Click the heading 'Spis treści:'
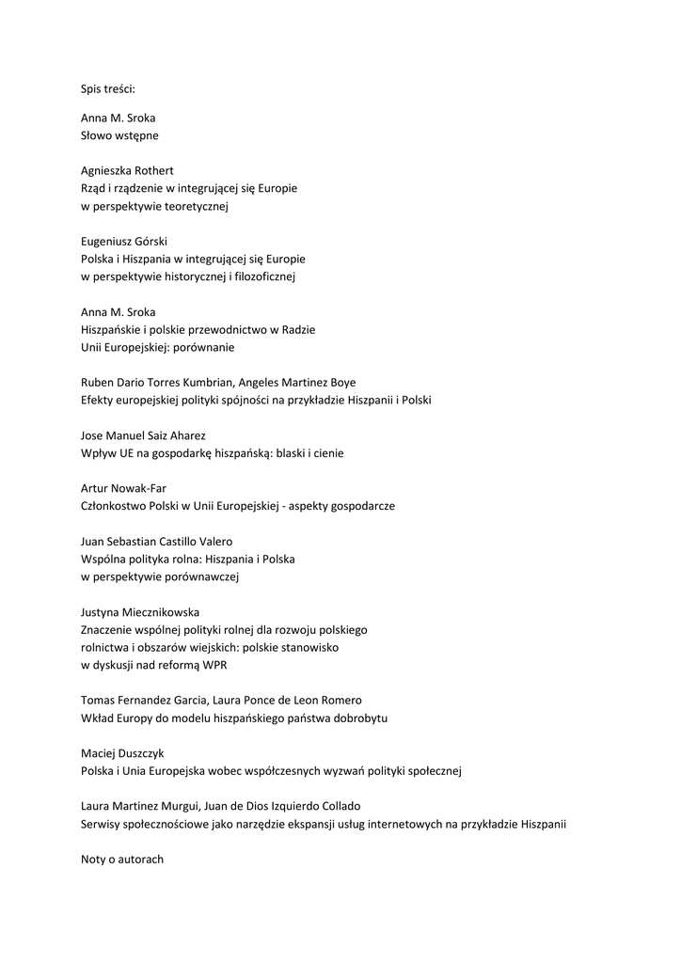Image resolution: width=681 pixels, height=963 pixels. click(x=108, y=89)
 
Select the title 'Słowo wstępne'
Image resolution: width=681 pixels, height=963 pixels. click(x=119, y=135)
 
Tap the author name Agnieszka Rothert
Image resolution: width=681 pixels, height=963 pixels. click(x=127, y=170)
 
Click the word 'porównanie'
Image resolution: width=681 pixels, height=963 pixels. click(x=202, y=347)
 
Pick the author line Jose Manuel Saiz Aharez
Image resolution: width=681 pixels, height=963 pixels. click(x=143, y=435)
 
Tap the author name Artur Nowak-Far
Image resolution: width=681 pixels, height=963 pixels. click(x=123, y=488)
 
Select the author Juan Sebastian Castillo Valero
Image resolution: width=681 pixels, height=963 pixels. click(x=156, y=541)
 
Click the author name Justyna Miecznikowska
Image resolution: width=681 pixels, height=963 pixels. click(x=140, y=611)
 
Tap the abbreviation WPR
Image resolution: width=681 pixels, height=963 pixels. click(x=214, y=665)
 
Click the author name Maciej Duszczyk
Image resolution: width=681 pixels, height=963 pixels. click(x=122, y=753)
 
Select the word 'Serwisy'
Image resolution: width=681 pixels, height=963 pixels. click(x=103, y=824)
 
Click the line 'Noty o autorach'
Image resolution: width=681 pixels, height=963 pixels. click(x=122, y=859)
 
